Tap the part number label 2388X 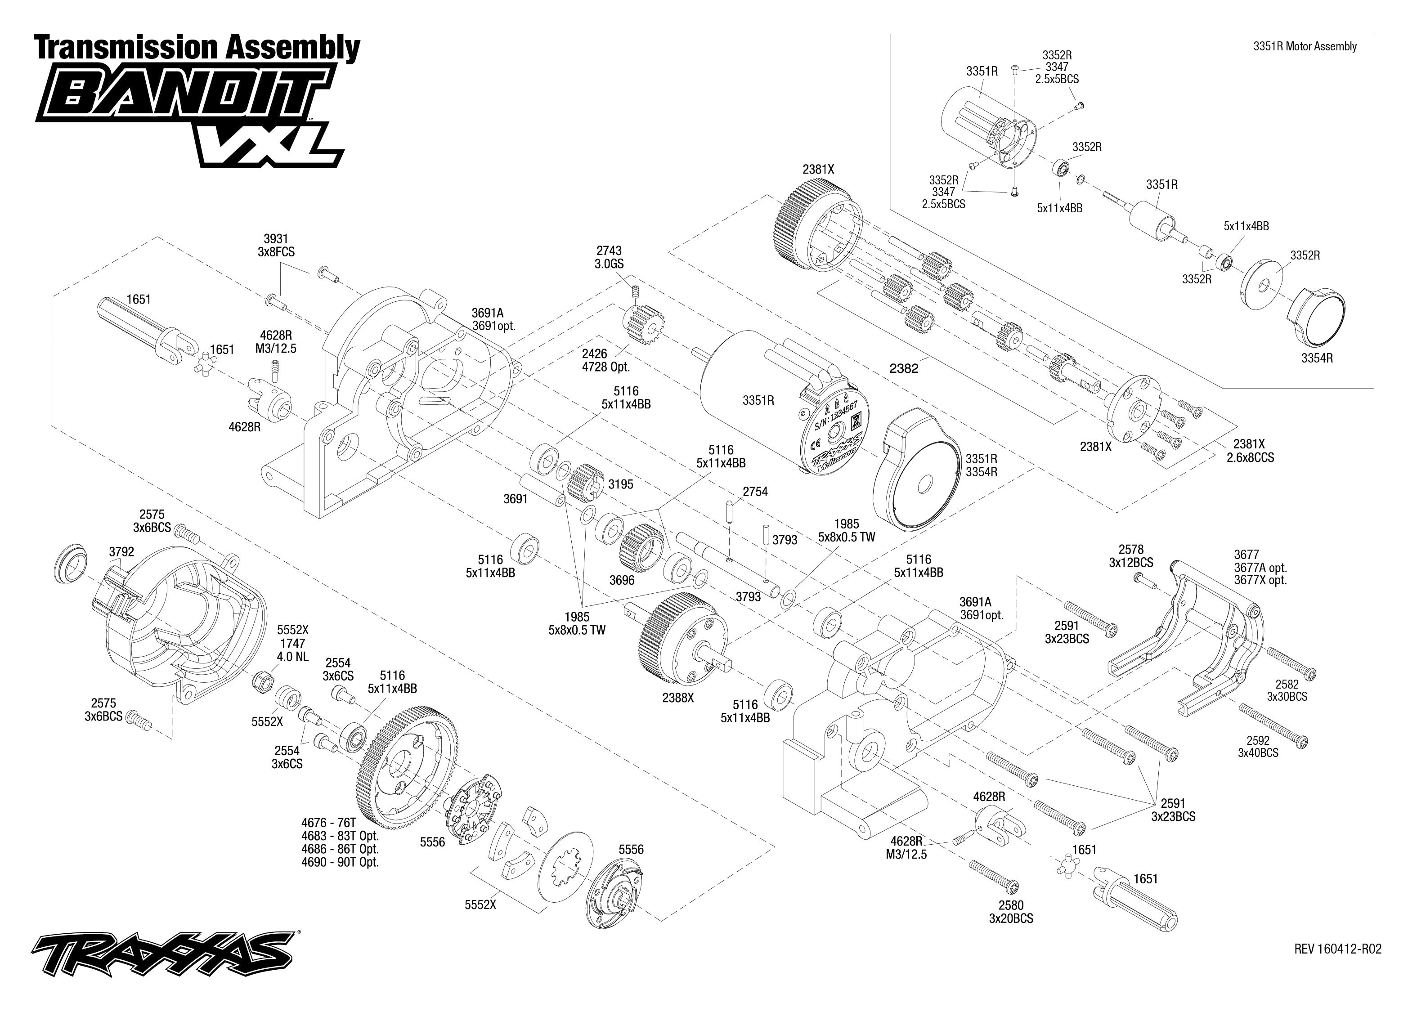678,699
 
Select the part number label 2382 904,369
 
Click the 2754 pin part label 755,492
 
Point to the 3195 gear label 621,484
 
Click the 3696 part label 622,581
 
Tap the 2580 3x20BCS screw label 1011,912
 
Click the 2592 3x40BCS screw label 1257,747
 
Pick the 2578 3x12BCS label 1130,556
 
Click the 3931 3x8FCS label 275,246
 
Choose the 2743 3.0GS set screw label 609,257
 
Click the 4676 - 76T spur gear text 328,823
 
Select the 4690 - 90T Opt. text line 340,862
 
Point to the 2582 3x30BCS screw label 1287,690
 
